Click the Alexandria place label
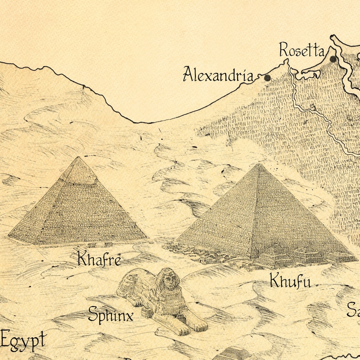pyautogui.click(x=218, y=74)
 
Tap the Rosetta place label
pyautogui.click(x=302, y=49)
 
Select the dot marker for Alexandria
pyautogui.click(x=268, y=78)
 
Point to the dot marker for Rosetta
pyautogui.click(x=333, y=59)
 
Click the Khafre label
pyautogui.click(x=99, y=259)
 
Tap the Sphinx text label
pyautogui.click(x=111, y=314)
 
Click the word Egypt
pyautogui.click(x=24, y=340)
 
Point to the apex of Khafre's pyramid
pyautogui.click(x=79, y=157)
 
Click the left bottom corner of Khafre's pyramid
pyautogui.click(x=8, y=236)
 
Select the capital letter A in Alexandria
pyautogui.click(x=189, y=74)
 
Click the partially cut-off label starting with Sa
pyautogui.click(x=353, y=310)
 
